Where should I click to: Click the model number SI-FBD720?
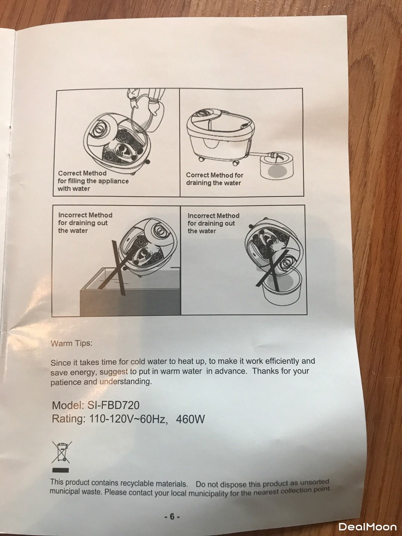[x=113, y=405]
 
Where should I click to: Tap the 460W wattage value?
[x=190, y=419]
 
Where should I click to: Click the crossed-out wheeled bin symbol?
[x=62, y=452]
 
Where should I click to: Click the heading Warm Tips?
[x=71, y=343]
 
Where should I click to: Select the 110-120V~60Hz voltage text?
[x=129, y=419]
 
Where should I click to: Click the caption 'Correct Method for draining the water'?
[x=214, y=179]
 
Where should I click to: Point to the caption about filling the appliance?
[x=93, y=181]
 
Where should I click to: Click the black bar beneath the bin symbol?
[x=61, y=470]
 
